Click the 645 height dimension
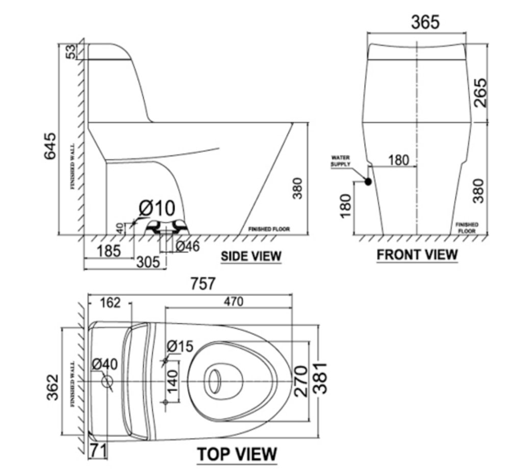50,146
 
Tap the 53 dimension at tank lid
71,51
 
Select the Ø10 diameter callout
157,208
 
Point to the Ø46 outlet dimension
188,246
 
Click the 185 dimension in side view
109,251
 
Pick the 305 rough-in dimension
148,262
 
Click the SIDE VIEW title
251,256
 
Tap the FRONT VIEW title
417,254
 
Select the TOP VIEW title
237,454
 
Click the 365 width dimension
425,22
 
